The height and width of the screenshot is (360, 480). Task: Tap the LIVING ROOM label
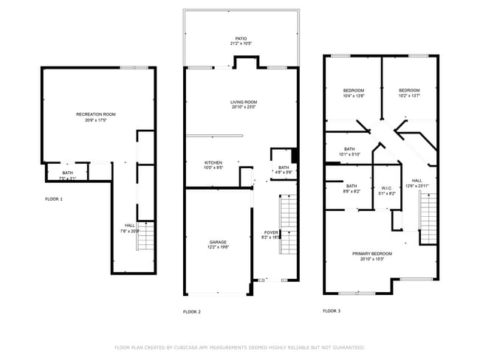243,102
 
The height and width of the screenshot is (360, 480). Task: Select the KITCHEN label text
213,162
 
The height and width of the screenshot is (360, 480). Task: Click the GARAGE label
218,242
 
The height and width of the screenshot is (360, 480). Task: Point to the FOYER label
271,232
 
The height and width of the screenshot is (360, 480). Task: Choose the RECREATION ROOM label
96,114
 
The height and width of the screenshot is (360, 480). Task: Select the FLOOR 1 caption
54,199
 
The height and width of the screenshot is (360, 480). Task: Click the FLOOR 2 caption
192,312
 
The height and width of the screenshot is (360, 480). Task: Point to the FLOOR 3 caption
332,311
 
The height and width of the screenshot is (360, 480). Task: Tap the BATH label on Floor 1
67,173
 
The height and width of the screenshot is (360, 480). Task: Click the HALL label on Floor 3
416,181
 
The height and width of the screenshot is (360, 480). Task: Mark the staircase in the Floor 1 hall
146,237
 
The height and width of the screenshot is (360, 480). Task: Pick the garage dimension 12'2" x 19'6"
218,247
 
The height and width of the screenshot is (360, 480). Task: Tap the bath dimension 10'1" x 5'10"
349,154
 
